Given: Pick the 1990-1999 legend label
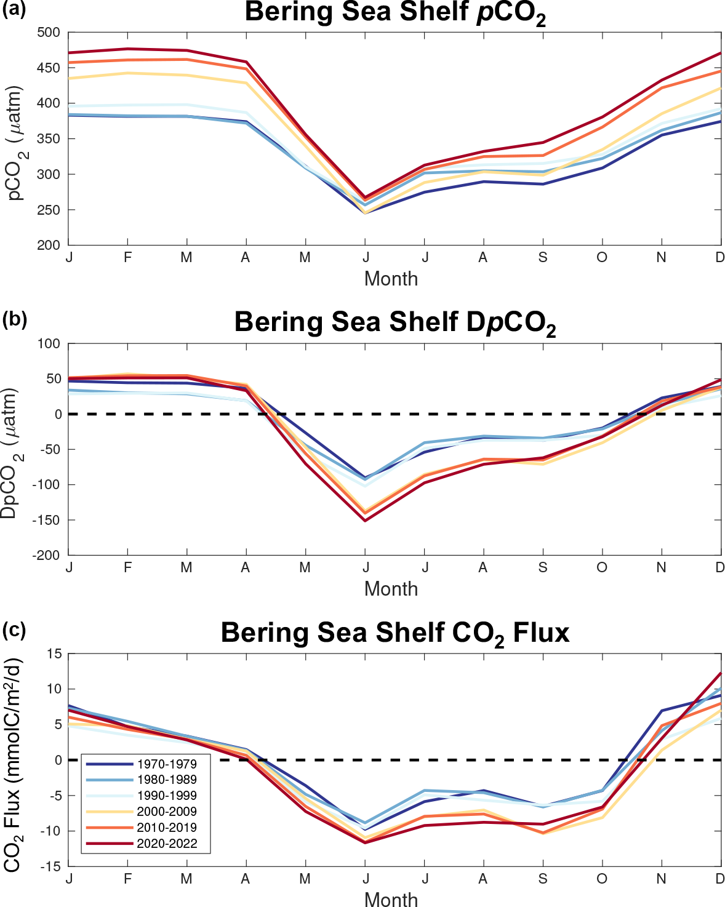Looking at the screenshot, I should pos(166,796).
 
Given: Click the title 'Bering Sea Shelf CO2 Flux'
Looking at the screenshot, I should pos(395,633).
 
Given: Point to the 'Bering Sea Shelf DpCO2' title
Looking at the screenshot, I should pos(395,322).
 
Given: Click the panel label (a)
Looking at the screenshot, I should pos(14,10).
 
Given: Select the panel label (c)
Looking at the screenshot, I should pos(14,630).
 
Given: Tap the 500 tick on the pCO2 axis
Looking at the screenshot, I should pos(49,33).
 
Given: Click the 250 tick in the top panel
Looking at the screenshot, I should pos(49,210).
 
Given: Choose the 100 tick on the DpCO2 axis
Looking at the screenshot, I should pos(49,344).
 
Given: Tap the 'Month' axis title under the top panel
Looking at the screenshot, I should pos(391,279).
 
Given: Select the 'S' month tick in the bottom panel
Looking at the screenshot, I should pos(542,879).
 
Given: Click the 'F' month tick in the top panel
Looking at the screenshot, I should pos(127,257).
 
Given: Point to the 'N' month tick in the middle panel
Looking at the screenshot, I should pos(661,567).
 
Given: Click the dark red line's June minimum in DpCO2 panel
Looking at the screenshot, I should pos(366,521).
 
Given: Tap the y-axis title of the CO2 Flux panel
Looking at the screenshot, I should pos(12,763).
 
